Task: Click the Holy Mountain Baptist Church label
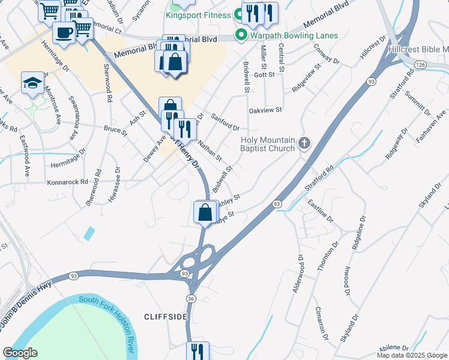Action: tap(268, 144)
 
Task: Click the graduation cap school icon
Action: tap(32, 83)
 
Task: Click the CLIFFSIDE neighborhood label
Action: tap(166, 316)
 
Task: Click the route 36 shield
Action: tap(191, 298)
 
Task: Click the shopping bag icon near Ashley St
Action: tap(205, 212)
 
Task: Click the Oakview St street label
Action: tap(265, 110)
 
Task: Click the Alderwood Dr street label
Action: tap(296, 273)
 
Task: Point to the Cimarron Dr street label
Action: tap(322, 324)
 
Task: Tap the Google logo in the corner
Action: tap(20, 353)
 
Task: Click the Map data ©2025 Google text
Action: tap(412, 355)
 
